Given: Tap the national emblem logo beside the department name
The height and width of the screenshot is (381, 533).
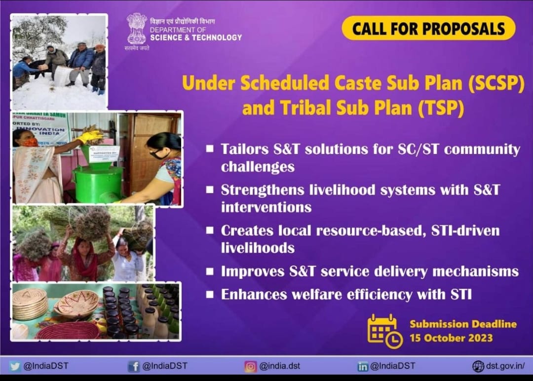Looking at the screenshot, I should point(137,29).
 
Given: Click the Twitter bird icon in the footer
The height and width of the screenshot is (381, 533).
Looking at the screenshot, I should point(15,366).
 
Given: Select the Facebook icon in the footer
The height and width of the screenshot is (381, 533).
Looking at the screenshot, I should point(134,366).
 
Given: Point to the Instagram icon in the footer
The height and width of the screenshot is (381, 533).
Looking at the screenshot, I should point(251,366).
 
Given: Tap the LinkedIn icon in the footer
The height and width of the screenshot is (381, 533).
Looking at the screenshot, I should point(363,366).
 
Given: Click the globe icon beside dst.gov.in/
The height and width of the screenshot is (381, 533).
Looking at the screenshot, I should point(478,366).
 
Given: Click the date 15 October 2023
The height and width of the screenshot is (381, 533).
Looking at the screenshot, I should point(451,339).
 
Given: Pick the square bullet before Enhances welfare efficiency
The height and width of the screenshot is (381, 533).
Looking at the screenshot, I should point(210,295).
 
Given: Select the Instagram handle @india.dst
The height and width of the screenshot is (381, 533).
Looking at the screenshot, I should point(279,366).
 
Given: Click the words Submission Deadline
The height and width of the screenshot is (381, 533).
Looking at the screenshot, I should point(463,324).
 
